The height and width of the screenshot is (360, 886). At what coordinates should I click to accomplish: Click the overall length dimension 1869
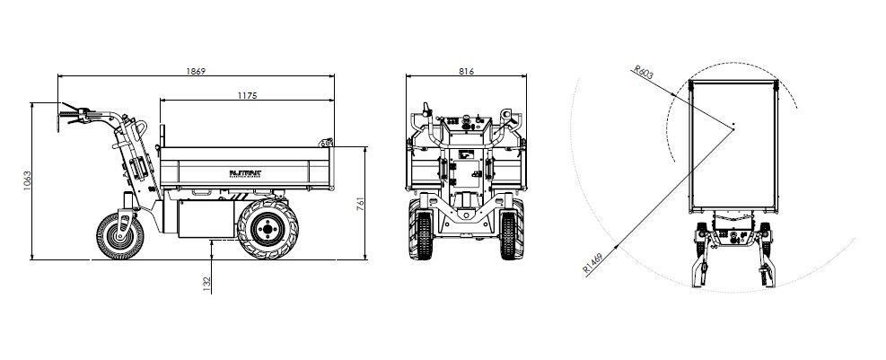pos(196,71)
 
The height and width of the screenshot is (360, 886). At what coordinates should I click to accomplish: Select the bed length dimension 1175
pos(248,94)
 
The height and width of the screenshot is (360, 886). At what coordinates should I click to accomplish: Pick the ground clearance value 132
pos(208,284)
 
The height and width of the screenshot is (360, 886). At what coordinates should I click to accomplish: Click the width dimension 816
pos(466,71)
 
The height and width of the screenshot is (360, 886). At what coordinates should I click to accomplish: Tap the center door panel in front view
pos(466,165)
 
